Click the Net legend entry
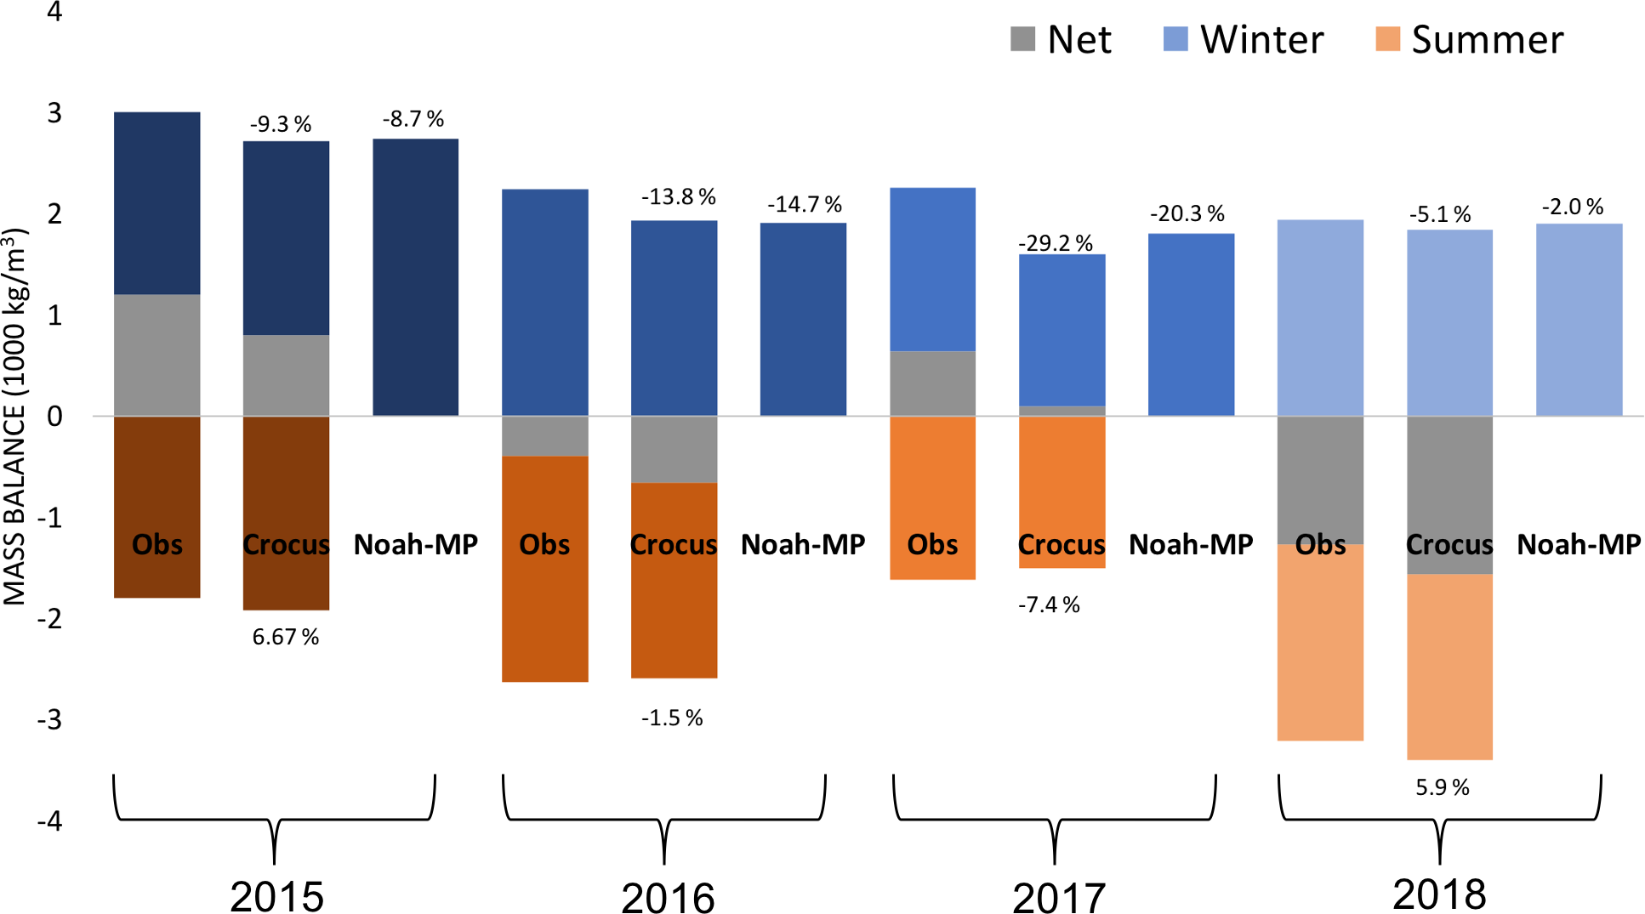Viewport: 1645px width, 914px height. point(1061,40)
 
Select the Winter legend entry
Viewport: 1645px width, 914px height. point(1244,40)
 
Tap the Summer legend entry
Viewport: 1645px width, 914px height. point(1470,40)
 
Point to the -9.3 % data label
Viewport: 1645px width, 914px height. point(281,124)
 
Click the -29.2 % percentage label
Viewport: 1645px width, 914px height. point(1056,243)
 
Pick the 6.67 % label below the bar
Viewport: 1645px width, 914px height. point(286,637)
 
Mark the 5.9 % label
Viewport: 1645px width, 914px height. point(1443,787)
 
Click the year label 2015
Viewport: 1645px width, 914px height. point(277,896)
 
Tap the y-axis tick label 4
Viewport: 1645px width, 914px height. point(54,12)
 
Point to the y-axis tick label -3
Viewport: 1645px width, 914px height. point(49,719)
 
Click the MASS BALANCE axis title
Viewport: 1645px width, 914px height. point(15,417)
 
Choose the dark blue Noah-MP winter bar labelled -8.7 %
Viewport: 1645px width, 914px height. point(416,276)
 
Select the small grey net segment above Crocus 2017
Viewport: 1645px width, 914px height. point(1062,411)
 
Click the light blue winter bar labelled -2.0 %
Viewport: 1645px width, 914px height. point(1580,320)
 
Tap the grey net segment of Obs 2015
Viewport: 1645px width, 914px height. point(157,355)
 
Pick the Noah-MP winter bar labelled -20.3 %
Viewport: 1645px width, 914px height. point(1192,324)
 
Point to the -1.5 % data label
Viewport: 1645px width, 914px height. point(672,718)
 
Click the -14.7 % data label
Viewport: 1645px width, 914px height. point(805,204)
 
